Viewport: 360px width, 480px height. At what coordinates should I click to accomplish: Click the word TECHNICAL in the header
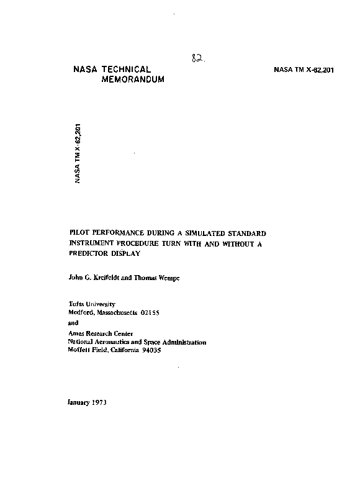pyautogui.click(x=127, y=70)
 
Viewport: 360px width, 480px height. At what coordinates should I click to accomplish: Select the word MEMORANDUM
pyautogui.click(x=133, y=81)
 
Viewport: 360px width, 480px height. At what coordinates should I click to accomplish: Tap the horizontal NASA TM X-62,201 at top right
pyautogui.click(x=304, y=70)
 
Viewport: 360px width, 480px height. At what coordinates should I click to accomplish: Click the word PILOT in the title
pyautogui.click(x=79, y=233)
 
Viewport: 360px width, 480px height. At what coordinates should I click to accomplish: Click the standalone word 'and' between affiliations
pyautogui.click(x=73, y=323)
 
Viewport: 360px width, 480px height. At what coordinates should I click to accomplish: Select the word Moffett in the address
pyautogui.click(x=79, y=350)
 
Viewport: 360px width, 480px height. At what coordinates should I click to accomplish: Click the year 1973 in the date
pyautogui.click(x=98, y=402)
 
